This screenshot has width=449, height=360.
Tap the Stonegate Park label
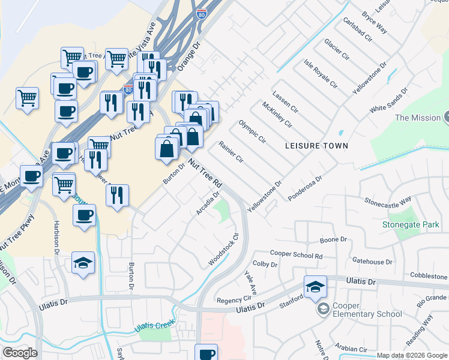[x=411, y=225]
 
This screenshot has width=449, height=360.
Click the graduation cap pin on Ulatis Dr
[x=315, y=287]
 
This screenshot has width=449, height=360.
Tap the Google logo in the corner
[x=20, y=353]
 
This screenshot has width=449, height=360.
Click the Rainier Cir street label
[x=231, y=152]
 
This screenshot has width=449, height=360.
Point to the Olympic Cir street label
[x=252, y=131]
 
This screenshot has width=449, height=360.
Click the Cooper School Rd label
[x=297, y=255]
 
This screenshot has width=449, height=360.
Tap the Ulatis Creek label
[x=154, y=326]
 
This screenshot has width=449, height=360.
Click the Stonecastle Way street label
[x=388, y=200]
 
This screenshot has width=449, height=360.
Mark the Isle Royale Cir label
[x=319, y=73]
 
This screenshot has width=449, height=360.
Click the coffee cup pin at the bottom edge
[x=206, y=353]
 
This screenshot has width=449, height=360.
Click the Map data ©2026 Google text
[x=411, y=355]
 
